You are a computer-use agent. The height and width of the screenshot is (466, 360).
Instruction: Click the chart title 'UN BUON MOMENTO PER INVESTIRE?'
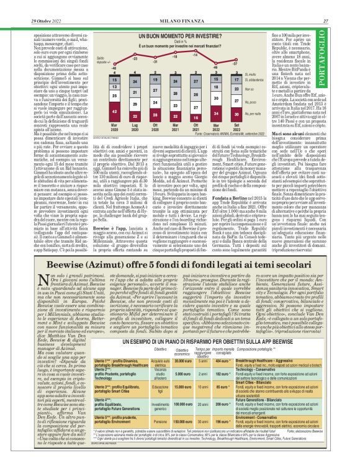tap(179, 37)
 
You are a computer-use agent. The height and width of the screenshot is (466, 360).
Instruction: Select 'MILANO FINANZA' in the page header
tap(179, 6)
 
